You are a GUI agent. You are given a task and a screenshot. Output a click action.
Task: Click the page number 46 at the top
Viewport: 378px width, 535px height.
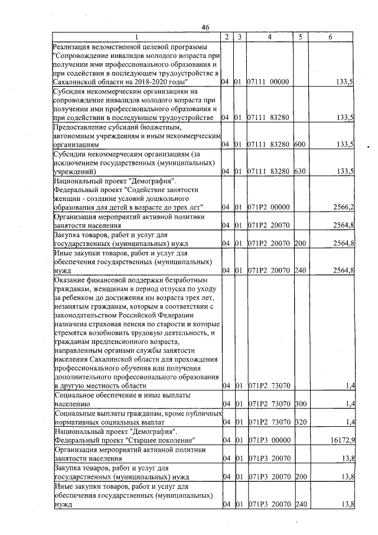pos(206,28)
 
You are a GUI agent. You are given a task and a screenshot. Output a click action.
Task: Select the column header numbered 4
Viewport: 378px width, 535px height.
pos(269,37)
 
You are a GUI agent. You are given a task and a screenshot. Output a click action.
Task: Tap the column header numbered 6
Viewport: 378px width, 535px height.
pos(330,37)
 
